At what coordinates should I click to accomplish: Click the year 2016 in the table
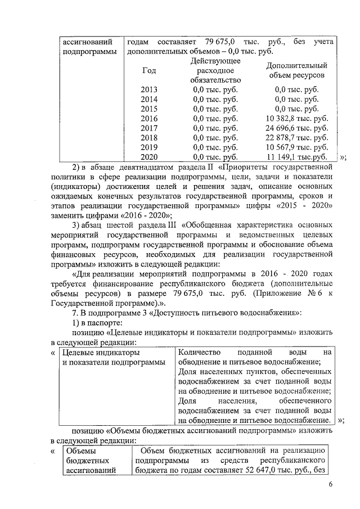pyautogui.click(x=149, y=119)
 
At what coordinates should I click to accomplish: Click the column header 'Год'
pyautogui.click(x=149, y=71)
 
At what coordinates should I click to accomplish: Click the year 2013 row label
pyautogui.click(x=149, y=90)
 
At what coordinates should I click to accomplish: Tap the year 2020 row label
pyautogui.click(x=149, y=157)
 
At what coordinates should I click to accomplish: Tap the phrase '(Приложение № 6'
pyautogui.click(x=293, y=293)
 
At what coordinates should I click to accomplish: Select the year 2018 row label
pyautogui.click(x=149, y=138)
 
